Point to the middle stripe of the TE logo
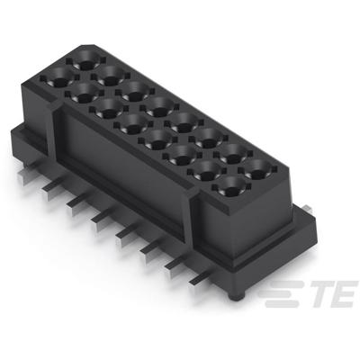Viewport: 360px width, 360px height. click(x=279, y=293)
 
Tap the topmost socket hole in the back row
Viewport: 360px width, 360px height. click(x=87, y=62)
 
